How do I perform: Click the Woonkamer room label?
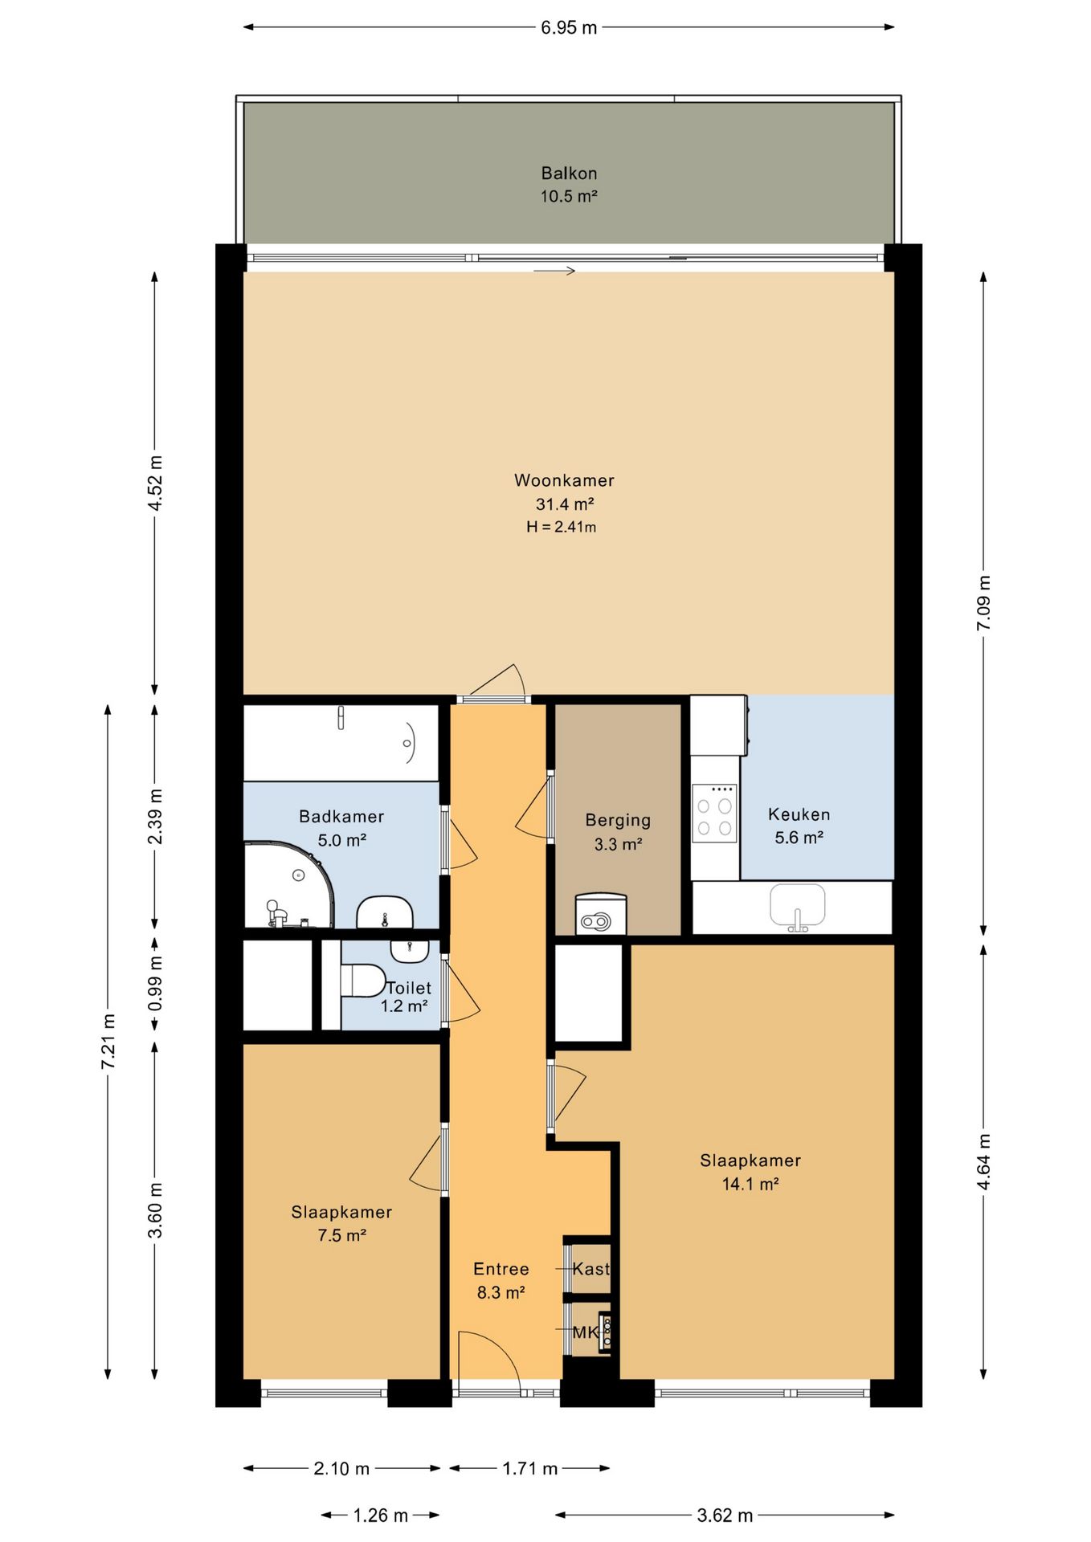pyautogui.click(x=564, y=480)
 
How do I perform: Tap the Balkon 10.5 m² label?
pyautogui.click(x=569, y=184)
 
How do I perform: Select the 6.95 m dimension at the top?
pyautogui.click(x=569, y=27)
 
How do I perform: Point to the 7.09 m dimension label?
pyautogui.click(x=983, y=603)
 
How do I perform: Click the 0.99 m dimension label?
pyautogui.click(x=155, y=983)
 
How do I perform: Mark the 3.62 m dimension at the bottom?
pyautogui.click(x=725, y=1515)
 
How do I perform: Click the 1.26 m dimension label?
pyautogui.click(x=381, y=1515)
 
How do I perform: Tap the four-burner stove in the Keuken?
pyautogui.click(x=714, y=813)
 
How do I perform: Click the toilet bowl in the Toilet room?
pyautogui.click(x=363, y=981)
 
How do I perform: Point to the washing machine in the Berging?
pyautogui.click(x=600, y=915)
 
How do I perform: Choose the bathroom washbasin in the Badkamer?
pyautogui.click(x=385, y=912)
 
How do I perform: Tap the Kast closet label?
pyautogui.click(x=590, y=1269)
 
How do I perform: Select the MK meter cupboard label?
pyautogui.click(x=586, y=1332)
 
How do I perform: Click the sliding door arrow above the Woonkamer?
pyautogui.click(x=554, y=271)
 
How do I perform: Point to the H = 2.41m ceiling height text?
pyautogui.click(x=562, y=527)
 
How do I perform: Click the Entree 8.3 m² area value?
pyautogui.click(x=501, y=1293)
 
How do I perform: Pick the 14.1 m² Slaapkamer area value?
pyautogui.click(x=750, y=1184)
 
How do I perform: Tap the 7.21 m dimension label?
pyautogui.click(x=108, y=1042)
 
